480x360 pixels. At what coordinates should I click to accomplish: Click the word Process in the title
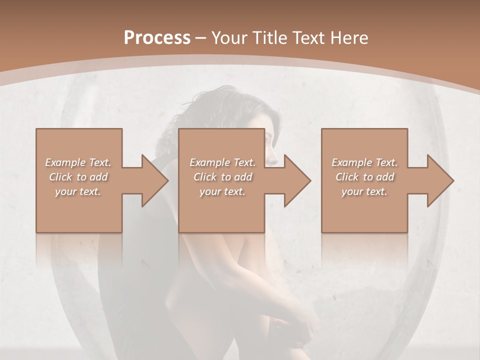(x=157, y=38)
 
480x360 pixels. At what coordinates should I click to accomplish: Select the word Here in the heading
(x=348, y=38)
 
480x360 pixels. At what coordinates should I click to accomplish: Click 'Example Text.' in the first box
(x=78, y=162)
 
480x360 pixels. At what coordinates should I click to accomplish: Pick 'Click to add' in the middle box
(x=222, y=177)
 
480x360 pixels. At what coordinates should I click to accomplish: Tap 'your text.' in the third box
(x=364, y=191)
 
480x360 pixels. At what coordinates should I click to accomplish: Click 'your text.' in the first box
(x=78, y=191)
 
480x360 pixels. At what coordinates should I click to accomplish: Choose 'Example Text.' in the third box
(x=364, y=162)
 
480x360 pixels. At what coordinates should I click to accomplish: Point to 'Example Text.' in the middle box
(x=222, y=162)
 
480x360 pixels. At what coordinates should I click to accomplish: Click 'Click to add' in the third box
(x=364, y=177)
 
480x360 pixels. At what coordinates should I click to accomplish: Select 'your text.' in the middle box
(x=222, y=191)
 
